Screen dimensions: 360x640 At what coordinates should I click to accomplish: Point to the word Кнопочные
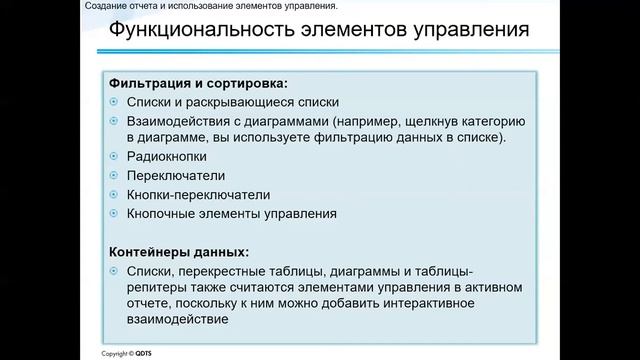point(161,213)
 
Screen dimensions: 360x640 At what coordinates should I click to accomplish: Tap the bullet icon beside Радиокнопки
point(114,157)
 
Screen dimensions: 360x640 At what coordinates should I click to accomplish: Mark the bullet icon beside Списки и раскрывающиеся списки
point(114,102)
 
